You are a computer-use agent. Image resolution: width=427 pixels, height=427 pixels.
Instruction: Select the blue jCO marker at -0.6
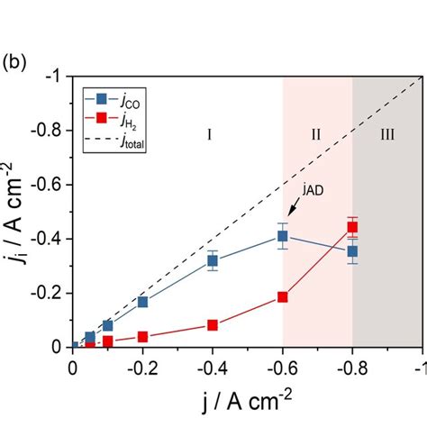[x=283, y=236]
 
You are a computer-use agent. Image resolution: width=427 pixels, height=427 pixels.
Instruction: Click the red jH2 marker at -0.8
[x=352, y=228]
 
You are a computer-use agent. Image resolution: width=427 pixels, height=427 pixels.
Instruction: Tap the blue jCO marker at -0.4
[x=213, y=261]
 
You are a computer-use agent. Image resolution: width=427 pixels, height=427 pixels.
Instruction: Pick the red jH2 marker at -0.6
[x=283, y=296]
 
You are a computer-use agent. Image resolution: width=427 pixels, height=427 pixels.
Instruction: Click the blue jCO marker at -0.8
[x=352, y=251]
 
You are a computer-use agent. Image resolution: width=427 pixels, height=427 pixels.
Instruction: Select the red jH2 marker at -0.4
[x=213, y=325]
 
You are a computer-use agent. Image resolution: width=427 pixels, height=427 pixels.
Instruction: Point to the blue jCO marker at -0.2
[x=142, y=302]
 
